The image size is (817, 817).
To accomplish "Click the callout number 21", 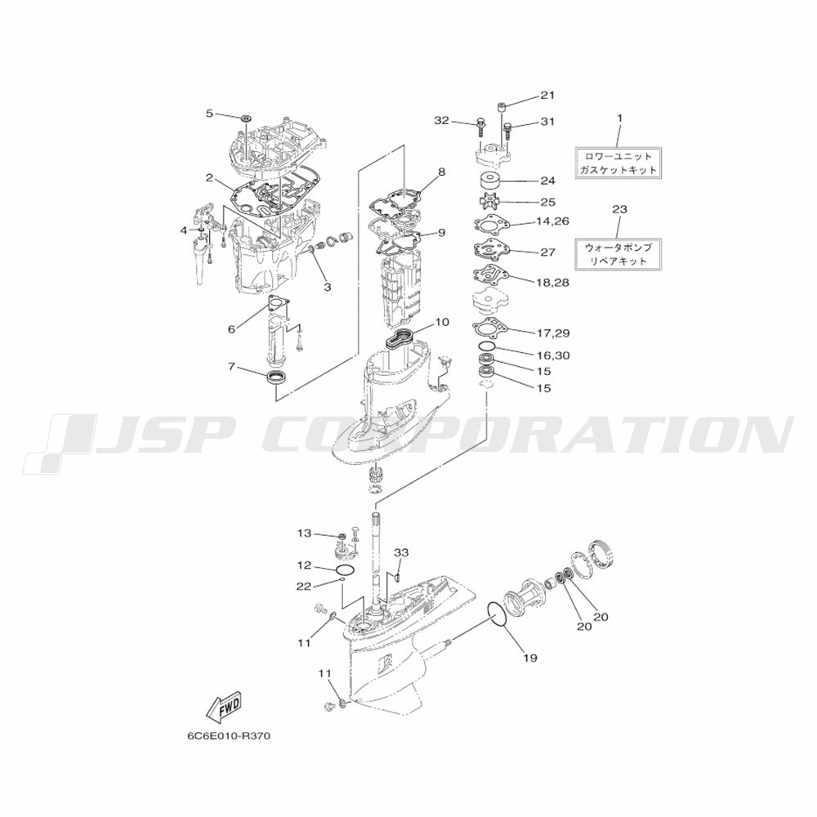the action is [547, 96].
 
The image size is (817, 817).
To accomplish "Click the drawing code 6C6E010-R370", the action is [229, 737].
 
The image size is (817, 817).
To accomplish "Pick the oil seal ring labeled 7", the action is [277, 377].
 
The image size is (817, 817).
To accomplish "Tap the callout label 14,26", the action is [552, 221].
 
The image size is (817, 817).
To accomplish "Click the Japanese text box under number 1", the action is [618, 163].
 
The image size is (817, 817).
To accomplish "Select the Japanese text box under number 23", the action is [618, 254].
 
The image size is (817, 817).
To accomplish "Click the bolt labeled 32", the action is [480, 127].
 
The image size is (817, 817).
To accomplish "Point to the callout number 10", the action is [441, 323].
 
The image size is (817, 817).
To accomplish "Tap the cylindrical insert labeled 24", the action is [489, 181].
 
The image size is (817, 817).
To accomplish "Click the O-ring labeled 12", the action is [346, 569].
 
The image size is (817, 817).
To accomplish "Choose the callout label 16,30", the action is [553, 356].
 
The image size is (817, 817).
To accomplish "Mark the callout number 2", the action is [209, 177].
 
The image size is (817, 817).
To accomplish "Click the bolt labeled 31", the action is [507, 127].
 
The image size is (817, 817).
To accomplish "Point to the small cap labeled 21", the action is [502, 107].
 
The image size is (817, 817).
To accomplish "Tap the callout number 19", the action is [530, 658].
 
